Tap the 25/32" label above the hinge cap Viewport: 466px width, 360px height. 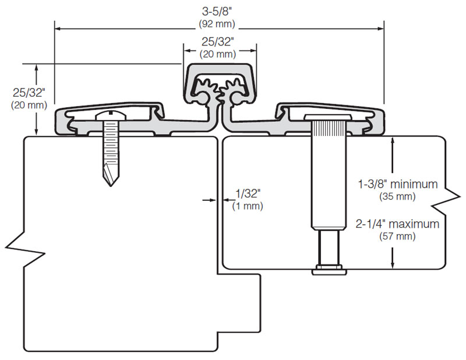(x=218, y=42)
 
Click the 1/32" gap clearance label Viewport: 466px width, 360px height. (x=247, y=193)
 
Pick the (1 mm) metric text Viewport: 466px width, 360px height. (x=247, y=206)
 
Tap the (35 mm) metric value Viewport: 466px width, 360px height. (x=397, y=196)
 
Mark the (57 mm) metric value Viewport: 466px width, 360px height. (x=397, y=237)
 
